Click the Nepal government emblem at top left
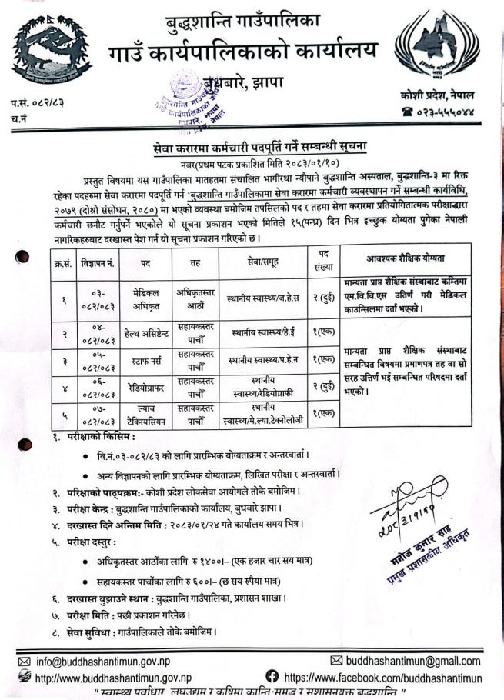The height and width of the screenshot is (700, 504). point(52,52)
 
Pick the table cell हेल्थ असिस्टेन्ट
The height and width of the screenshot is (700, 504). point(145,334)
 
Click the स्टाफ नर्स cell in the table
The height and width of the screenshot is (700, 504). point(145,359)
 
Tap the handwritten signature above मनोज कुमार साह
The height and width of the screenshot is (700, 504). point(406,508)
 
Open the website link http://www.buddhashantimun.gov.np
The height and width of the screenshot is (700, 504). point(112,678)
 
